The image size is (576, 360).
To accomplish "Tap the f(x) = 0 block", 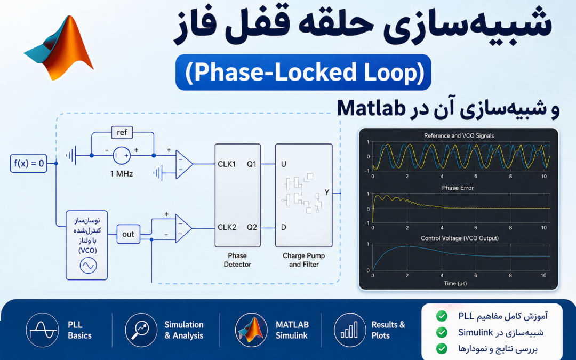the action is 29,164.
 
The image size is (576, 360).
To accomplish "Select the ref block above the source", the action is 122,132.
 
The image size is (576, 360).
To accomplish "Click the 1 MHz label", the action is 122,174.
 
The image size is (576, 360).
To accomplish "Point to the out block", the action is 128,234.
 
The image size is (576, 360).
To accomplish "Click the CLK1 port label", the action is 227,164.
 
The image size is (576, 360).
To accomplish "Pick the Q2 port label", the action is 252,227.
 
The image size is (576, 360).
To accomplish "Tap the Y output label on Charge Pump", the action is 327,193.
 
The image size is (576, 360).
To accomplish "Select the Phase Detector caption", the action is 237,260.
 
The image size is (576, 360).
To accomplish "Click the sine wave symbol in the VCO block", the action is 88,265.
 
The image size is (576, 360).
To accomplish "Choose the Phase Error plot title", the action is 458,188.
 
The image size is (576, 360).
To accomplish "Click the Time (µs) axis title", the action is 455,283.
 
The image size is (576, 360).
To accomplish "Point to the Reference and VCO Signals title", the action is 459,135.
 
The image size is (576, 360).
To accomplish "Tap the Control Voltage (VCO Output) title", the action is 460,238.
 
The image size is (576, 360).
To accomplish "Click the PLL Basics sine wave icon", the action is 43,330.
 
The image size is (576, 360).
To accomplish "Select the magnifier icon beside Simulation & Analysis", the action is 141,330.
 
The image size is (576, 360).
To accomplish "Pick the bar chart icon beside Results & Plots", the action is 350,330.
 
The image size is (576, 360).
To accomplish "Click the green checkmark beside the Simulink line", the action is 442,332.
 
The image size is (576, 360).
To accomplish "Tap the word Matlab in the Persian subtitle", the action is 371,108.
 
